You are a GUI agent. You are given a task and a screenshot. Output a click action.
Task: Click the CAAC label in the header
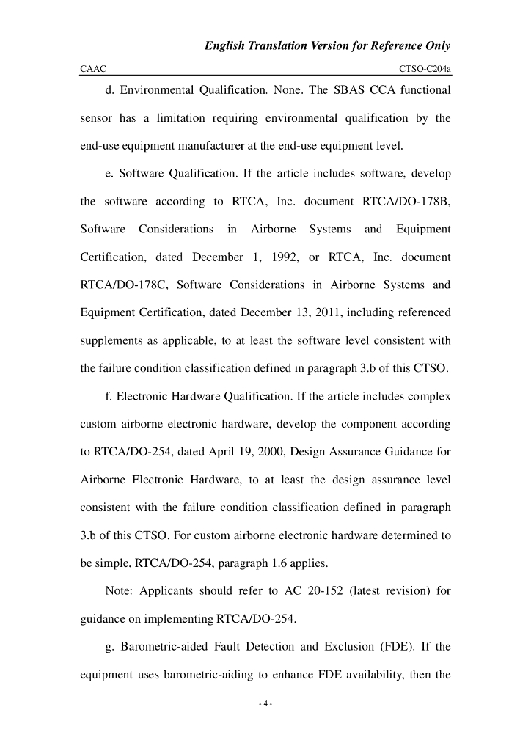coord(93,69)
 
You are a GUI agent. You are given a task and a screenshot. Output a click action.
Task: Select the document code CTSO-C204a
coord(424,69)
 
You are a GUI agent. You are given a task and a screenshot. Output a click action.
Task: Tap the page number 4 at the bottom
coord(265,705)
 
